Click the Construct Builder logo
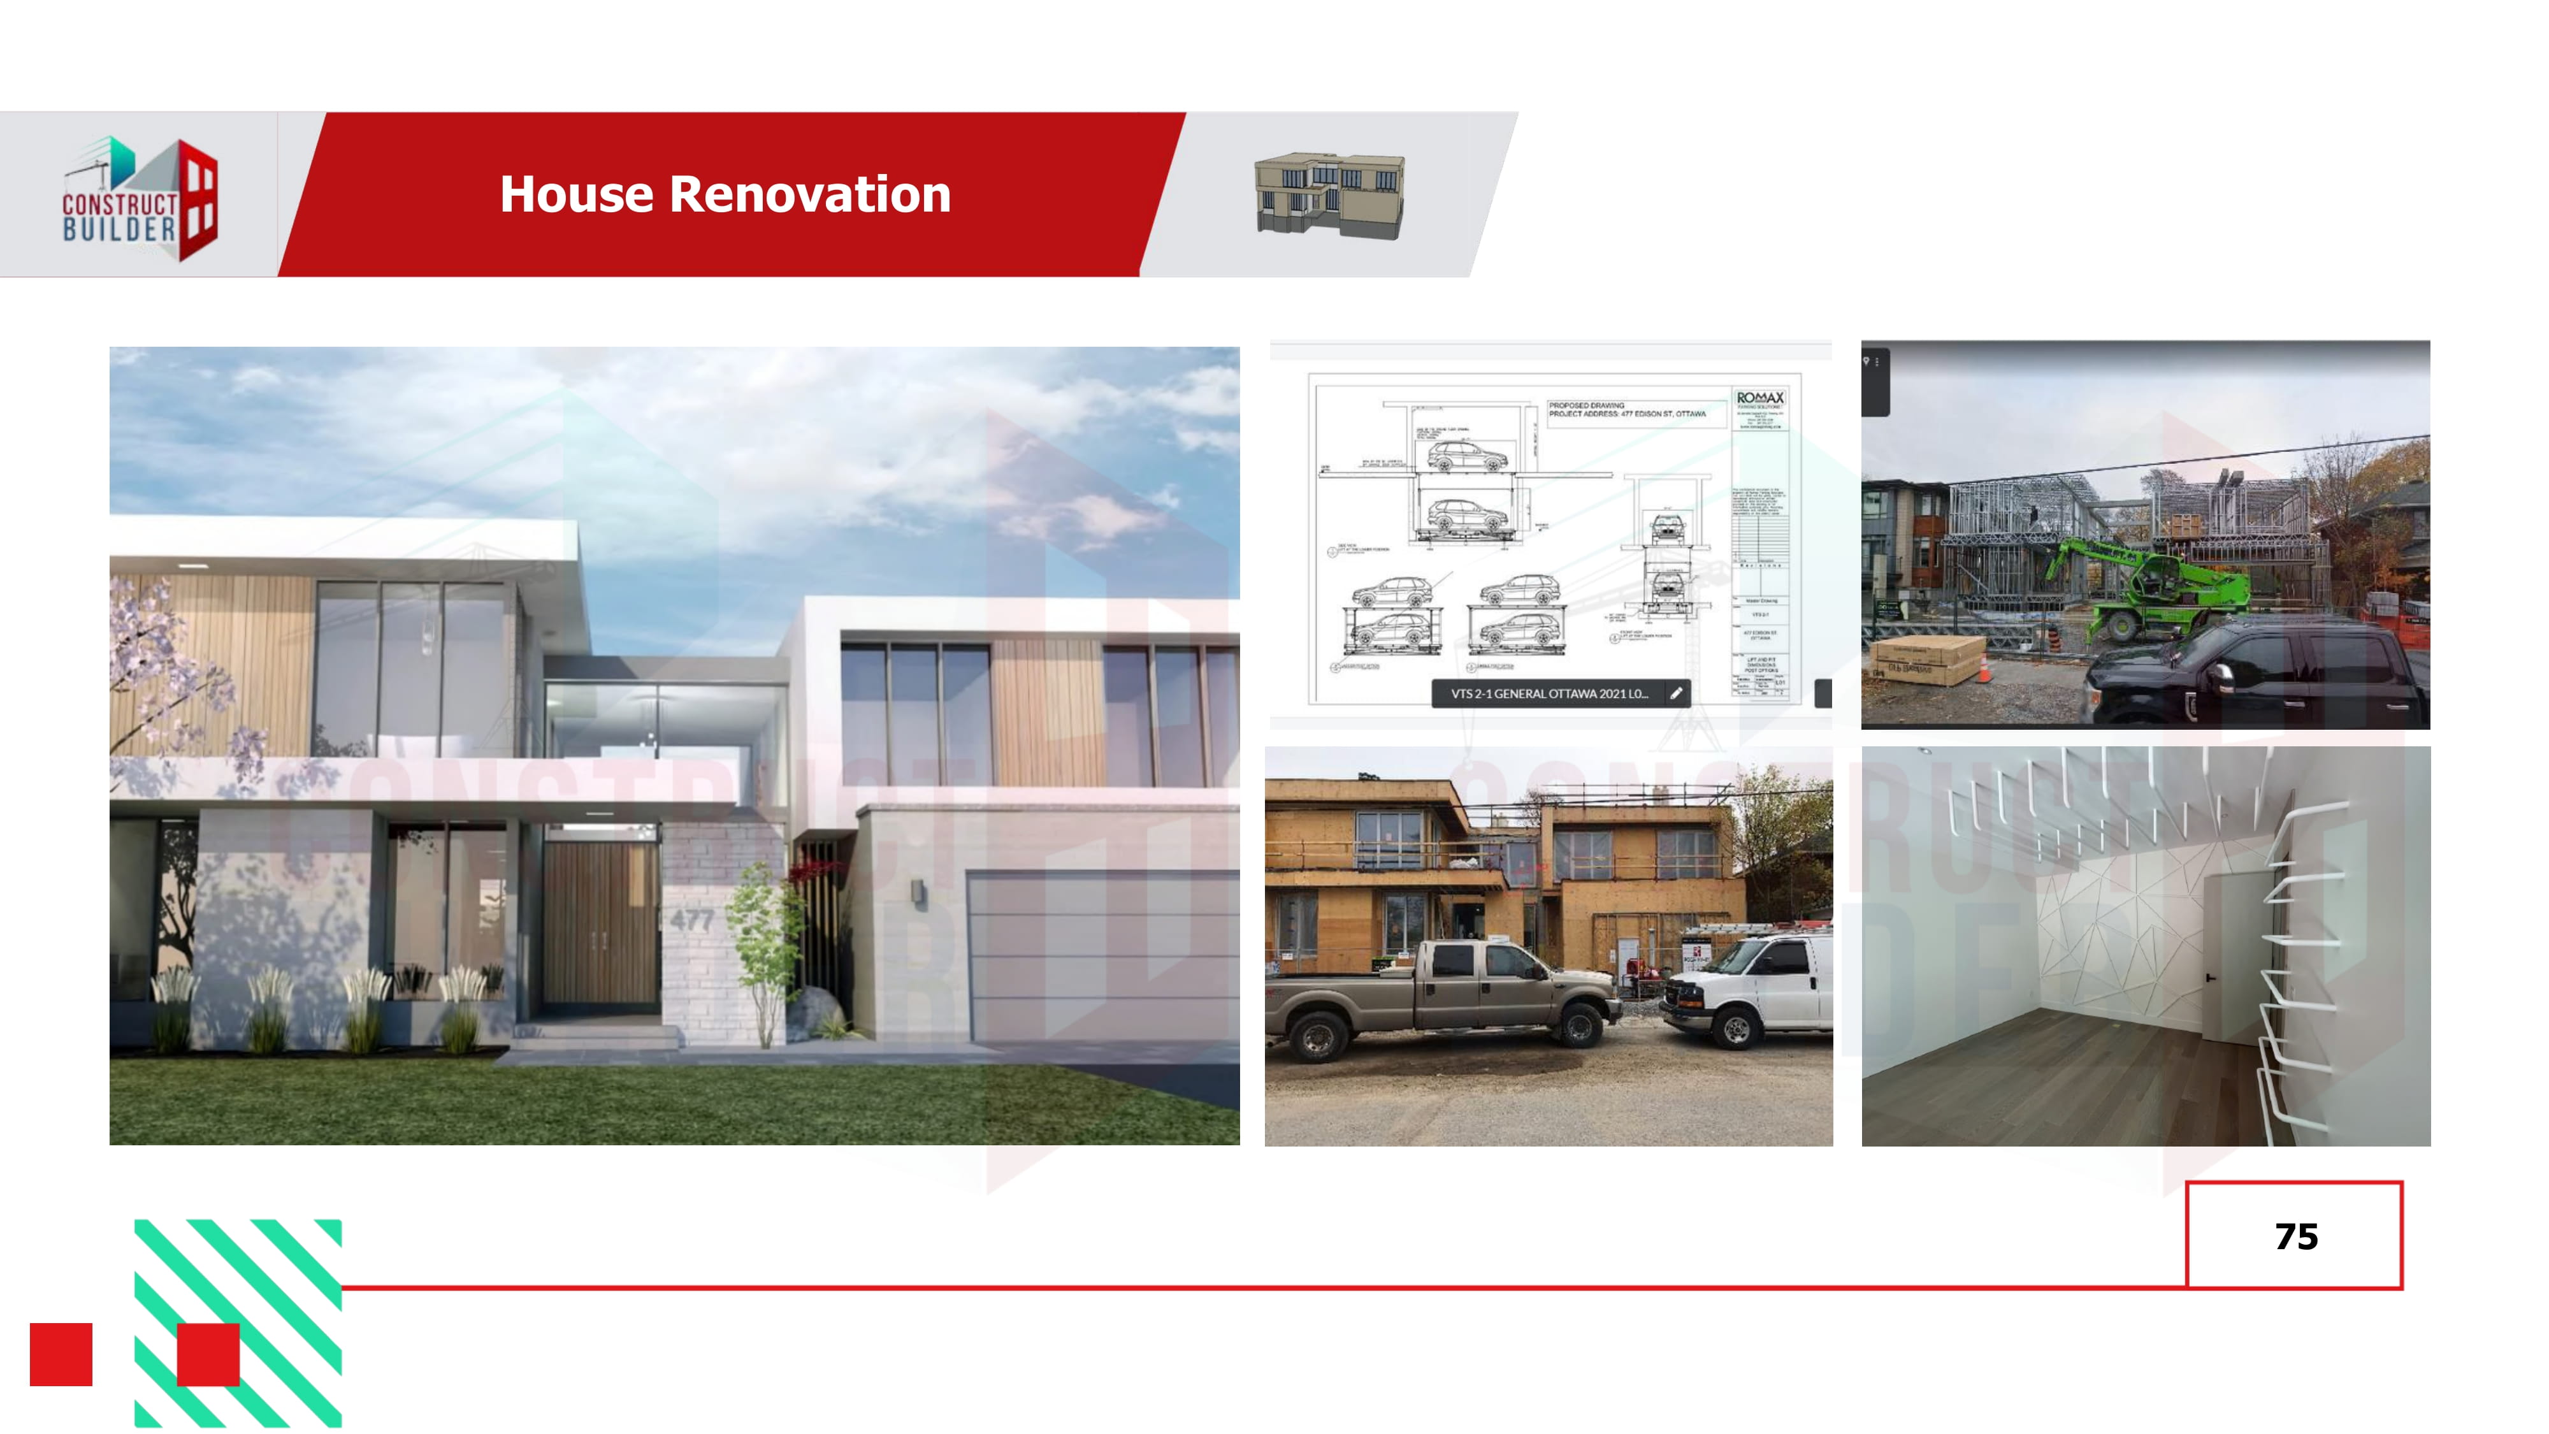[x=140, y=199]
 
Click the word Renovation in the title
[x=809, y=194]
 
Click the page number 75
[x=2295, y=1236]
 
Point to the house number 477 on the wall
[x=691, y=920]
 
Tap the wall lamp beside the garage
[x=920, y=894]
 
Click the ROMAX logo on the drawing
[x=1759, y=398]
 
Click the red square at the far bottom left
[x=61, y=1354]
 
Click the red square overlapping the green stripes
[x=208, y=1354]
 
